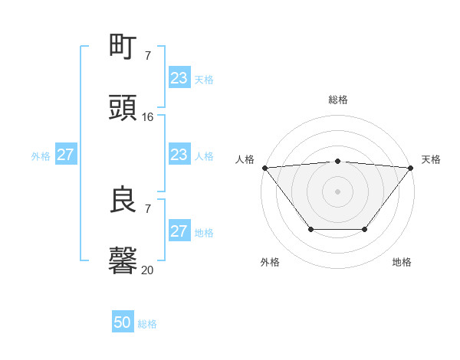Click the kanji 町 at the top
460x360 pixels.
tap(123, 47)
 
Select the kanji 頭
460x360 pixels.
tap(123, 108)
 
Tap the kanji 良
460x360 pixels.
tap(123, 200)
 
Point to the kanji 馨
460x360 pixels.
tap(123, 261)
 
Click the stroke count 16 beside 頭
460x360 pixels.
tap(148, 116)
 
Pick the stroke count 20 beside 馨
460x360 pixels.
tap(148, 270)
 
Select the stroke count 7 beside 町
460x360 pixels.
tap(148, 55)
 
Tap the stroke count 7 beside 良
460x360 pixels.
tap(148, 208)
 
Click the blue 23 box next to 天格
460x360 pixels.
tap(179, 78)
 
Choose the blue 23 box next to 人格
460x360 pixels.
tap(179, 155)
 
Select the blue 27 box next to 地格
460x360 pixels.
tap(179, 231)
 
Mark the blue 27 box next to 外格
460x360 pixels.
tap(65, 155)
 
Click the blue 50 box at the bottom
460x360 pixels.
tap(123, 323)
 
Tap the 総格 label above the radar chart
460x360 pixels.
tap(338, 100)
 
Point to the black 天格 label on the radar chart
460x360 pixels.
tap(431, 159)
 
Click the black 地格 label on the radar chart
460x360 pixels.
tap(402, 262)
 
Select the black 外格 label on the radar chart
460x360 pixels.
tap(270, 262)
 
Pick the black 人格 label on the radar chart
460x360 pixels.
tap(245, 159)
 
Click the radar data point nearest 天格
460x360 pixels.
tap(411, 168)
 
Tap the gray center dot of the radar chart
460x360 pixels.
tap(337, 191)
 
